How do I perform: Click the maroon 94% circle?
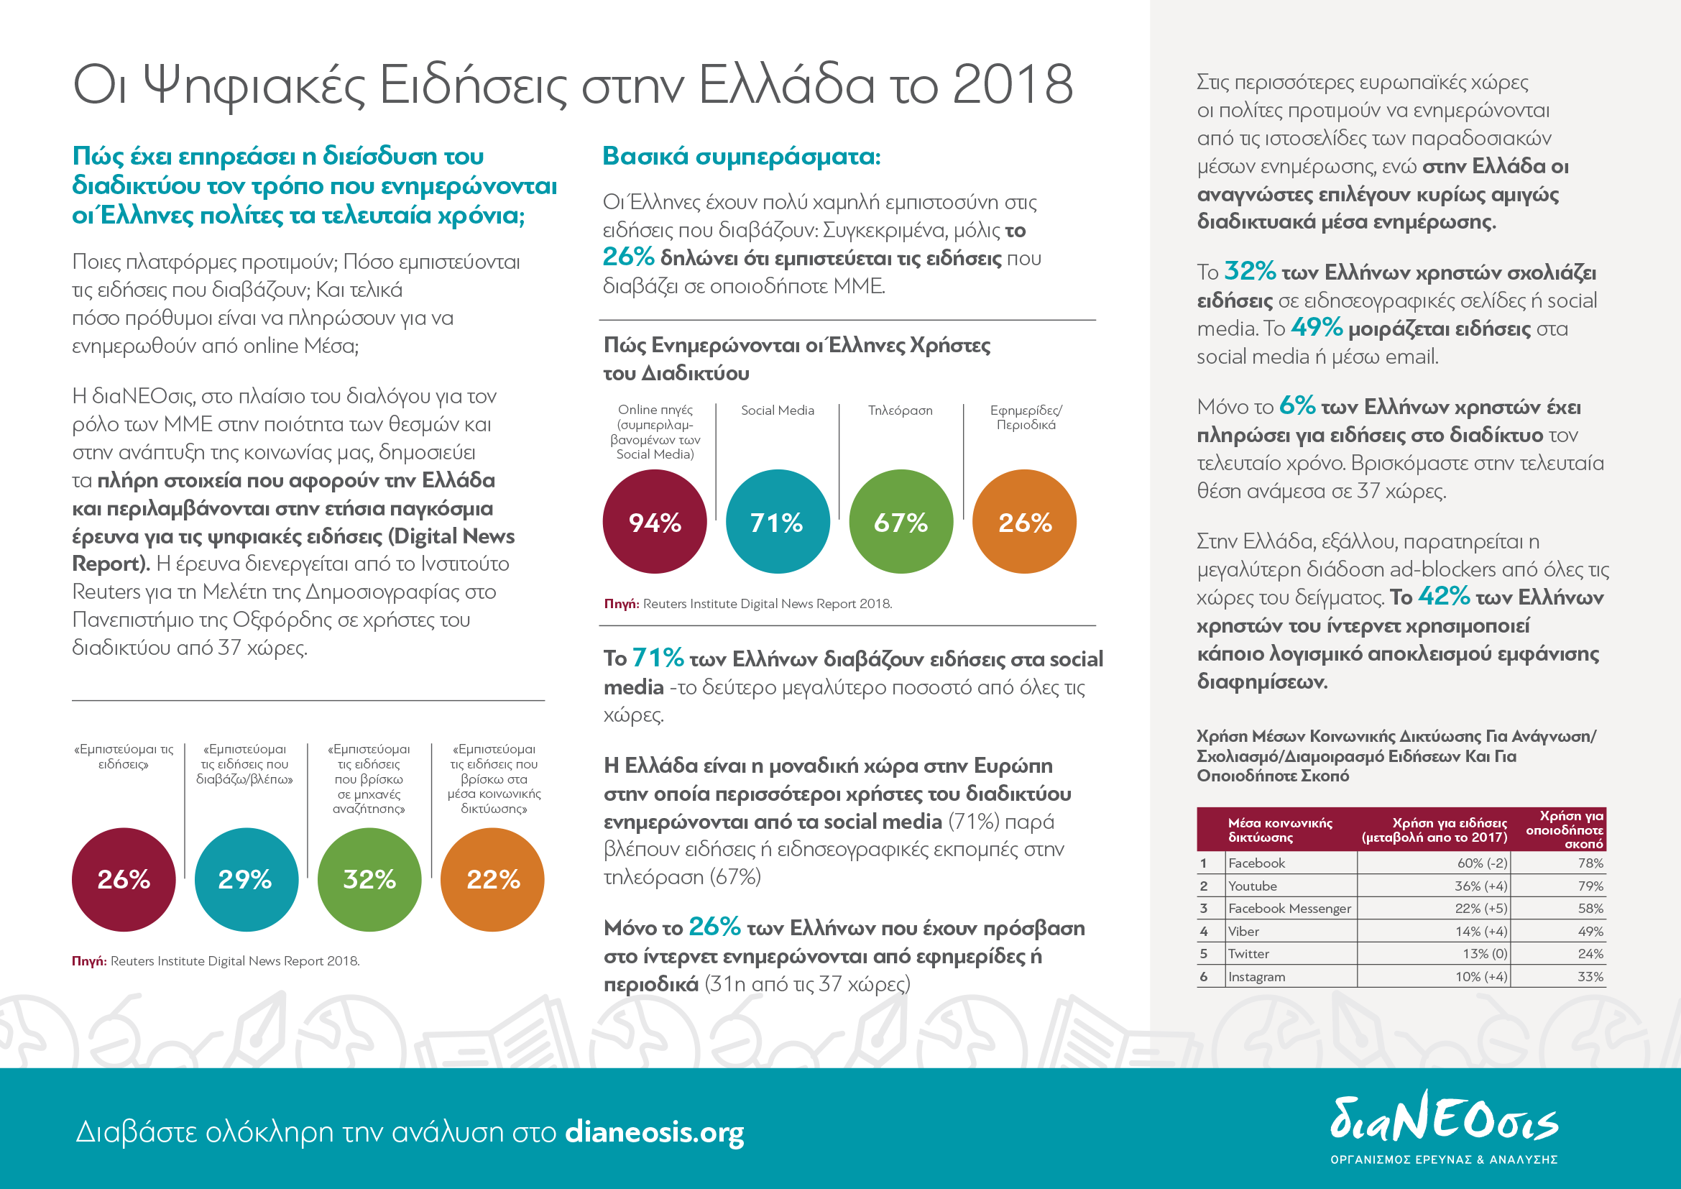655,521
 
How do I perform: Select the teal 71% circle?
778,521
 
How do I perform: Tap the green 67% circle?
901,521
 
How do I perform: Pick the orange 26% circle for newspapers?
1024,521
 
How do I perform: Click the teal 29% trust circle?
246,879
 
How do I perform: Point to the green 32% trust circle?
369,879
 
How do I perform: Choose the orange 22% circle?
493,879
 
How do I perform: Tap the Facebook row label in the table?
1256,863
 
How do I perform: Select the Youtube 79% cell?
1590,886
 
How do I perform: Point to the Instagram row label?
1256,977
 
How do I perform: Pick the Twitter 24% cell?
1590,954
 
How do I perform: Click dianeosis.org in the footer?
655,1132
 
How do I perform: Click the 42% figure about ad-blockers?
1444,596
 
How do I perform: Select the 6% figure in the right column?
1297,405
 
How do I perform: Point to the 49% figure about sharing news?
1317,327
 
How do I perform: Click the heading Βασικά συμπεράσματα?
741,156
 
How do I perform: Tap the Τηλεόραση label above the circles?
900,410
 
